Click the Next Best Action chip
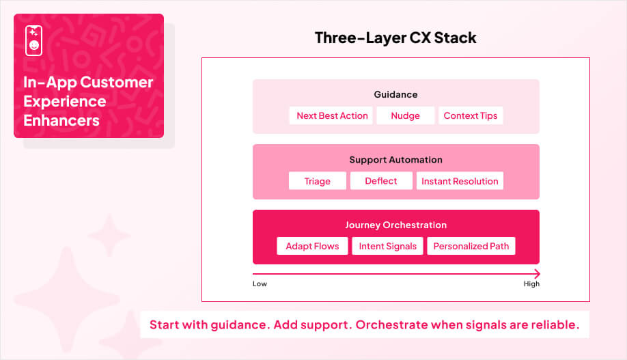(332, 115)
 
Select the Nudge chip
(405, 115)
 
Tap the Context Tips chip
(471, 115)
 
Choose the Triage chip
(317, 181)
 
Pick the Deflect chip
(381, 181)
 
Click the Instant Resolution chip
(460, 181)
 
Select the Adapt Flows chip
(312, 246)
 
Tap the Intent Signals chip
(387, 246)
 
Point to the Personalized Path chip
(471, 246)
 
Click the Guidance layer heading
(395, 94)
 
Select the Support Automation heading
(395, 160)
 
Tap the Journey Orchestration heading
(395, 225)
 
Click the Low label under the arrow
(260, 283)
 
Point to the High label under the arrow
(531, 283)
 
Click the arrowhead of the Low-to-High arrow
(537, 274)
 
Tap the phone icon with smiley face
(33, 40)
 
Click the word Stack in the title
(456, 38)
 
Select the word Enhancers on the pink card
(61, 120)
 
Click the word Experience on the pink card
(65, 101)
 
